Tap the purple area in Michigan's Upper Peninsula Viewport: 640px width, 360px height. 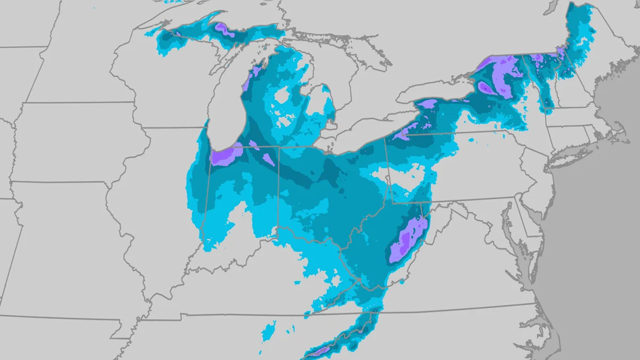click(x=225, y=30)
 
